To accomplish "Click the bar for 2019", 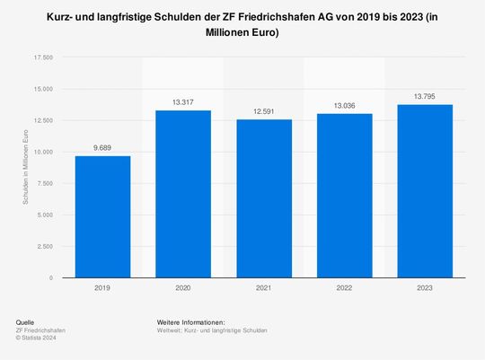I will pyautogui.click(x=102, y=216).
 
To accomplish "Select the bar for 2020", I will pyautogui.click(x=183, y=194).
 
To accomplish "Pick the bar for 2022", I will pyautogui.click(x=345, y=196).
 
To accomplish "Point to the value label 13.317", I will pyautogui.click(x=183, y=102).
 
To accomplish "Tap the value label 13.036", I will pyautogui.click(x=345, y=106).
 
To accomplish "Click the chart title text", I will pyautogui.click(x=242, y=24).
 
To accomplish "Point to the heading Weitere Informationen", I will pyautogui.click(x=190, y=322).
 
